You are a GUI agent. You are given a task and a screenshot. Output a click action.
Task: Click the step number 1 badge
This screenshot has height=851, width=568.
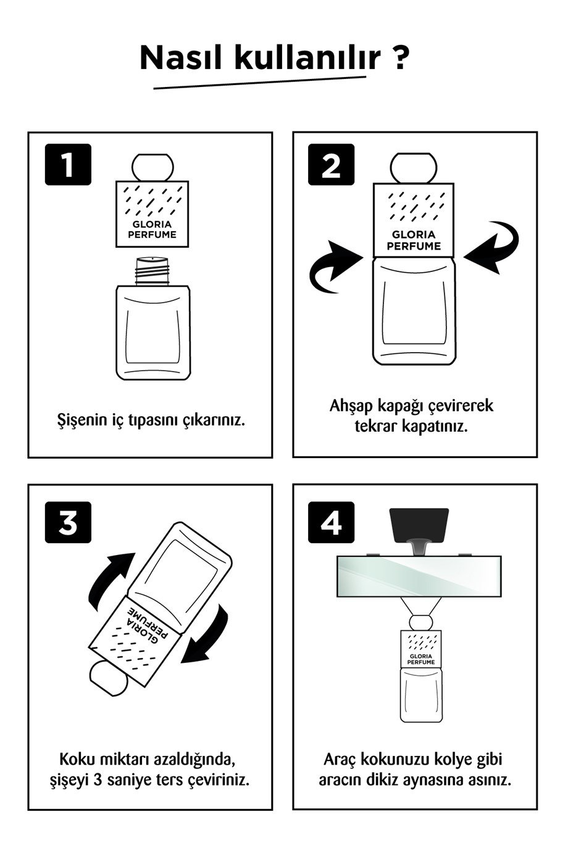coord(68,165)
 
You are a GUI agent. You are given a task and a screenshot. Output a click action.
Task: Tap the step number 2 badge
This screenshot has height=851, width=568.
coord(332,165)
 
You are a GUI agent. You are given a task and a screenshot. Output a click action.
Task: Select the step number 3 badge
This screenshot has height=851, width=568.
coord(68,522)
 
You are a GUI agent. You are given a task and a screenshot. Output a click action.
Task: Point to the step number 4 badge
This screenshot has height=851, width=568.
coord(332,522)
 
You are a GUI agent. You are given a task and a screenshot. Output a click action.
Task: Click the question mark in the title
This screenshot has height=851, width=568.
coord(400,58)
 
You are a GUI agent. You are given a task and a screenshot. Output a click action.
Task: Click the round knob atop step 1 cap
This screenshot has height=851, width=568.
coord(152,166)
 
